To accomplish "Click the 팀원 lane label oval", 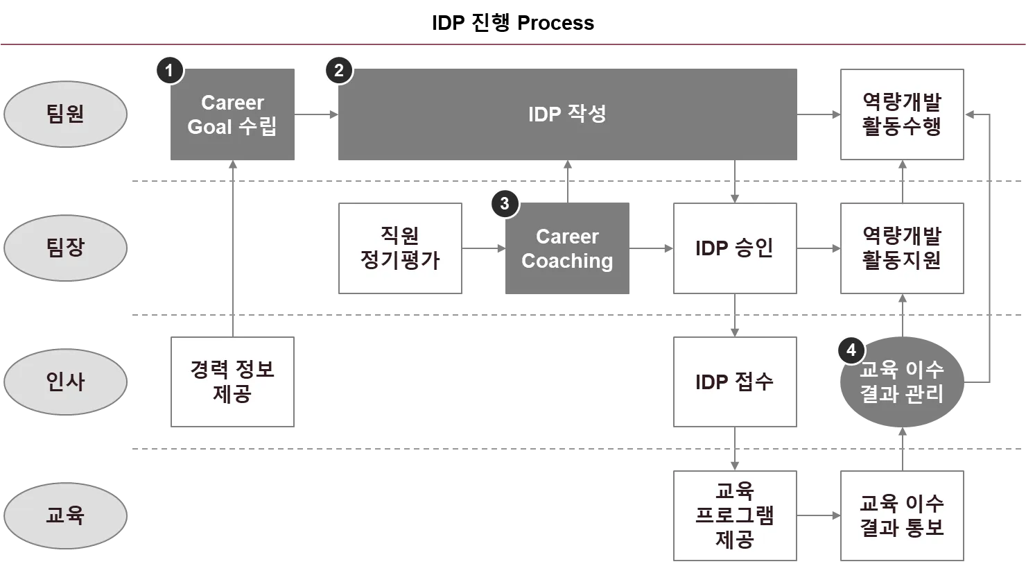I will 65,114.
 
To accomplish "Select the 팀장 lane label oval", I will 65,248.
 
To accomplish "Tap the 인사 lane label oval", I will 65,381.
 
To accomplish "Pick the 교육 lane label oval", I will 65,515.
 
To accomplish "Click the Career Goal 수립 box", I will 232,114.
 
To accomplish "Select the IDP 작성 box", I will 568,114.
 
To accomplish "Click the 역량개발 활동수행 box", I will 901,114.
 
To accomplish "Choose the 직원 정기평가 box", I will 401,248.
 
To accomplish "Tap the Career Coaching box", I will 568,248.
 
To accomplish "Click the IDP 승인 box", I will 734,248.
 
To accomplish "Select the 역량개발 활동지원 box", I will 901,248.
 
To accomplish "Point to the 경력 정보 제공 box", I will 232,381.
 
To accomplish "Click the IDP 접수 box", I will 734,381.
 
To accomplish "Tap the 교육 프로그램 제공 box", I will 734,515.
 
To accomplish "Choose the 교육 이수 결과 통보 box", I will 901,515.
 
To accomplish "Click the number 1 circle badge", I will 168,70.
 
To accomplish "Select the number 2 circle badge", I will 338,70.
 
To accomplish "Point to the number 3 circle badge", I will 504,204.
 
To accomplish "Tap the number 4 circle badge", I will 851,350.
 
